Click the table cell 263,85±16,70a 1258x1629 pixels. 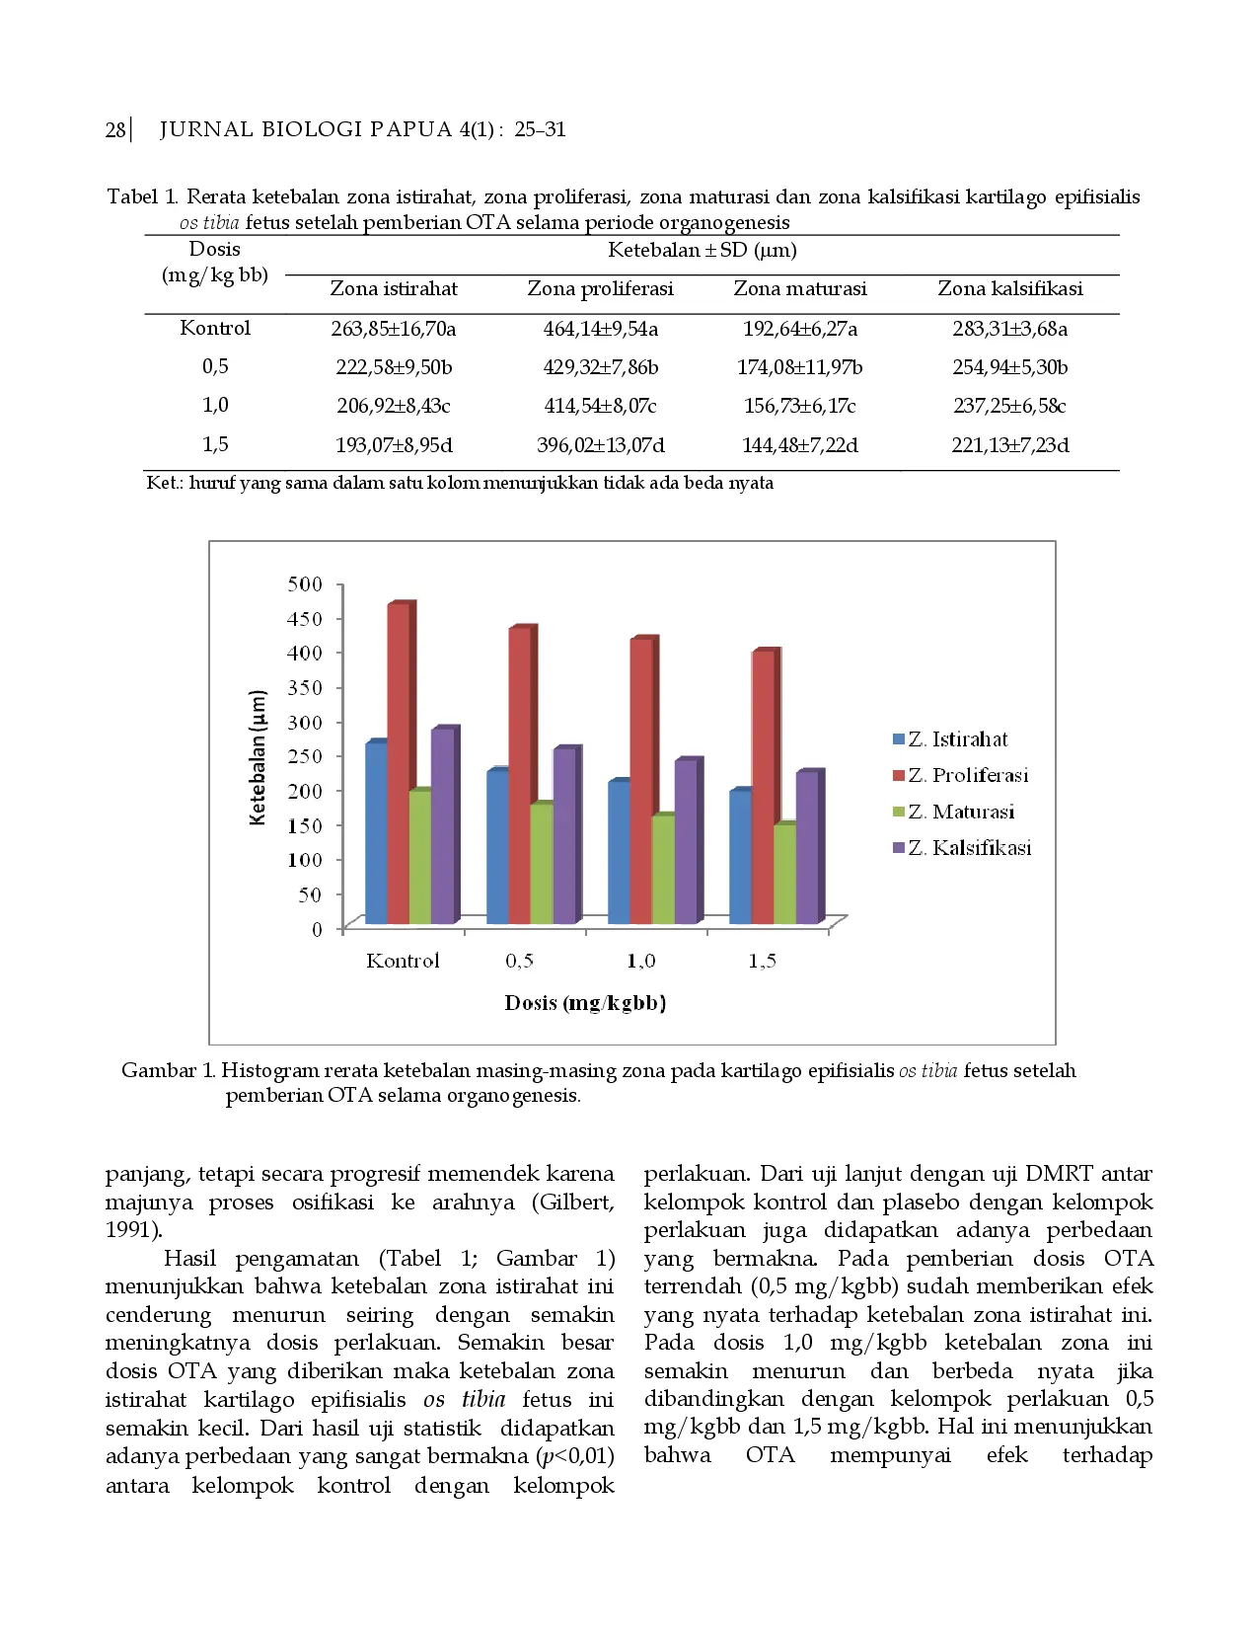click(393, 329)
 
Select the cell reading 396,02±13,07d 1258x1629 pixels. click(600, 445)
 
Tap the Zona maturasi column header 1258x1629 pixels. click(799, 288)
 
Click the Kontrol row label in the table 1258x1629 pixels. click(215, 328)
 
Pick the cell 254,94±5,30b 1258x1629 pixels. click(1009, 367)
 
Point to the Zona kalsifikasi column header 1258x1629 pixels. click(1009, 288)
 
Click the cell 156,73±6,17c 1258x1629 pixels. click(799, 406)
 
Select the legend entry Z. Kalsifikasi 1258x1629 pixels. click(962, 848)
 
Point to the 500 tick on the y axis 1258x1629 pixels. click(305, 583)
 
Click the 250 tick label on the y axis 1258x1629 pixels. click(305, 756)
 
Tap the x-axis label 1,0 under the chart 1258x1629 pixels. click(641, 961)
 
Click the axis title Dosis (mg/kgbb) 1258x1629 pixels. click(585, 1003)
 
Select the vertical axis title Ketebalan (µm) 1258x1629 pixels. click(259, 757)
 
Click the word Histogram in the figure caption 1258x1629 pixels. click(269, 1071)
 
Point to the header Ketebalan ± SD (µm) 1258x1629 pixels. click(702, 250)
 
